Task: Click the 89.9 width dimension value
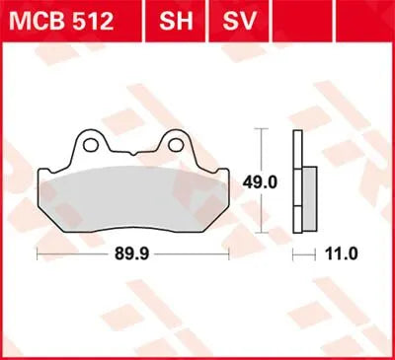point(133,253)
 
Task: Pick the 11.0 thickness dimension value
point(341,253)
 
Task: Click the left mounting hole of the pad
point(91,145)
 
